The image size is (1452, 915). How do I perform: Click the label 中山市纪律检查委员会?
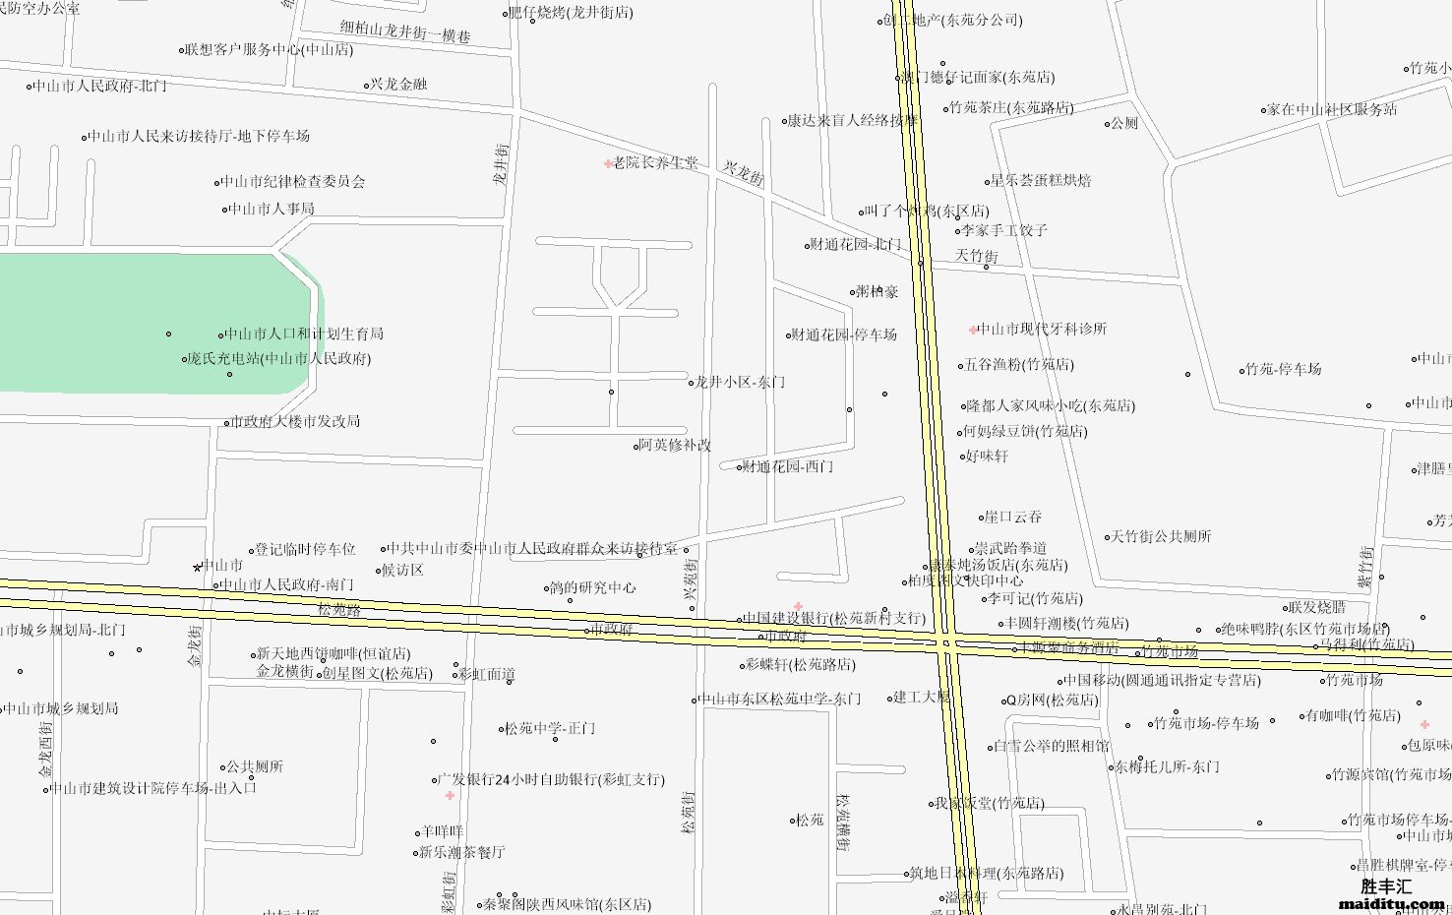point(292,182)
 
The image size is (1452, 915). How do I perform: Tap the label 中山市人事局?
point(272,209)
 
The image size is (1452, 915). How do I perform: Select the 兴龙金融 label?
point(398,85)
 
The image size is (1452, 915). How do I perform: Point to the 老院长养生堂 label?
point(655,163)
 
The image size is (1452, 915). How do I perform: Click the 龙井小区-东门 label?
point(740,383)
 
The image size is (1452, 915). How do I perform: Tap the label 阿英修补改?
point(675,446)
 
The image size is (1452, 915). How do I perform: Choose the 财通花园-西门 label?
point(788,466)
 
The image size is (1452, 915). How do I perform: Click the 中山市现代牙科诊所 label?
point(1042,330)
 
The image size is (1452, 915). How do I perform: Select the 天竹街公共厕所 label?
point(1161,537)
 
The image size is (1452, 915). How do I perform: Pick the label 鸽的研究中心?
point(592,588)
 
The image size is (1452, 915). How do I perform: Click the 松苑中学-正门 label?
point(550,729)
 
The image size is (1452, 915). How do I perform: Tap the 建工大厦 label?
point(922,698)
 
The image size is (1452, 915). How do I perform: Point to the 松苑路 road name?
point(339,610)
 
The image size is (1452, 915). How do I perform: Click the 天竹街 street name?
point(977,256)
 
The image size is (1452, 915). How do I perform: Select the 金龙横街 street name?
point(285,671)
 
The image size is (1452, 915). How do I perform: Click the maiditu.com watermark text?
point(1392,903)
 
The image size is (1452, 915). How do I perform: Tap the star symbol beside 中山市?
point(198,567)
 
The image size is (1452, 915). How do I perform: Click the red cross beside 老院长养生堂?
point(608,163)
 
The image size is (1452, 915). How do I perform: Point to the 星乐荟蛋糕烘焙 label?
point(1041,181)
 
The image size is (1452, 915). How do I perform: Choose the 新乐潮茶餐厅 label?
point(462,852)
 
